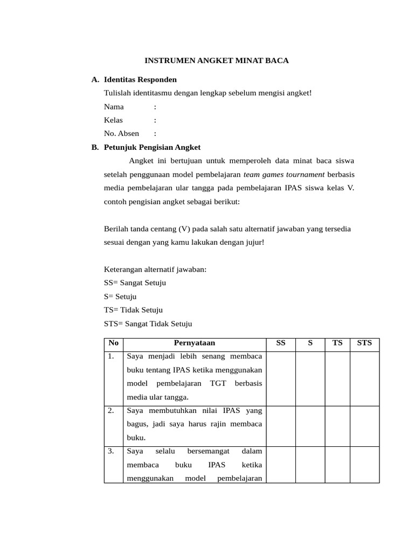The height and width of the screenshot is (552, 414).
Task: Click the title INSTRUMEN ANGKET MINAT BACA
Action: click(x=217, y=60)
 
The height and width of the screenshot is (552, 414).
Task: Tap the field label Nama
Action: click(x=114, y=106)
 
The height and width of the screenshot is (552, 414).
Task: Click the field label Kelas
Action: click(x=113, y=120)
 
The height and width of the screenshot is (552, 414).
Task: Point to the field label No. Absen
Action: click(x=121, y=133)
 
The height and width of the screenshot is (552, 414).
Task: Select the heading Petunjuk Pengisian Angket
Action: click(x=152, y=147)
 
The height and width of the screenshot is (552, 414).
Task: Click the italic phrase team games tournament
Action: click(x=284, y=174)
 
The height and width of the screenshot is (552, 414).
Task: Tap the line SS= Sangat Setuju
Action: click(x=135, y=282)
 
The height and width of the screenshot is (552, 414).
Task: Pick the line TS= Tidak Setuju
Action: click(x=133, y=310)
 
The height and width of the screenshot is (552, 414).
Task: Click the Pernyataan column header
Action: click(x=195, y=343)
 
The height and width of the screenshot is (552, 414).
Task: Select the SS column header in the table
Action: click(x=281, y=343)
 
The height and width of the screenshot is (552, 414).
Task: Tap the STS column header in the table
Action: click(x=364, y=343)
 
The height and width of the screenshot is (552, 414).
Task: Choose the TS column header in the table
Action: click(x=337, y=343)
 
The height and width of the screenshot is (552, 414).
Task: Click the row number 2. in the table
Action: click(x=111, y=411)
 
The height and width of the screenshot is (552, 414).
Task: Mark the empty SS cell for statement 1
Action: click(x=281, y=377)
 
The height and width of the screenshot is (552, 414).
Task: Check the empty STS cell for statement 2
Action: click(x=364, y=425)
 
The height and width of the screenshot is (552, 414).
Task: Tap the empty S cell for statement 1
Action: click(x=310, y=377)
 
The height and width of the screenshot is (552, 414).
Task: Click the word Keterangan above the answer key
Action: click(x=123, y=269)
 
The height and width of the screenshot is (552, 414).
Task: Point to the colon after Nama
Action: click(x=155, y=107)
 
